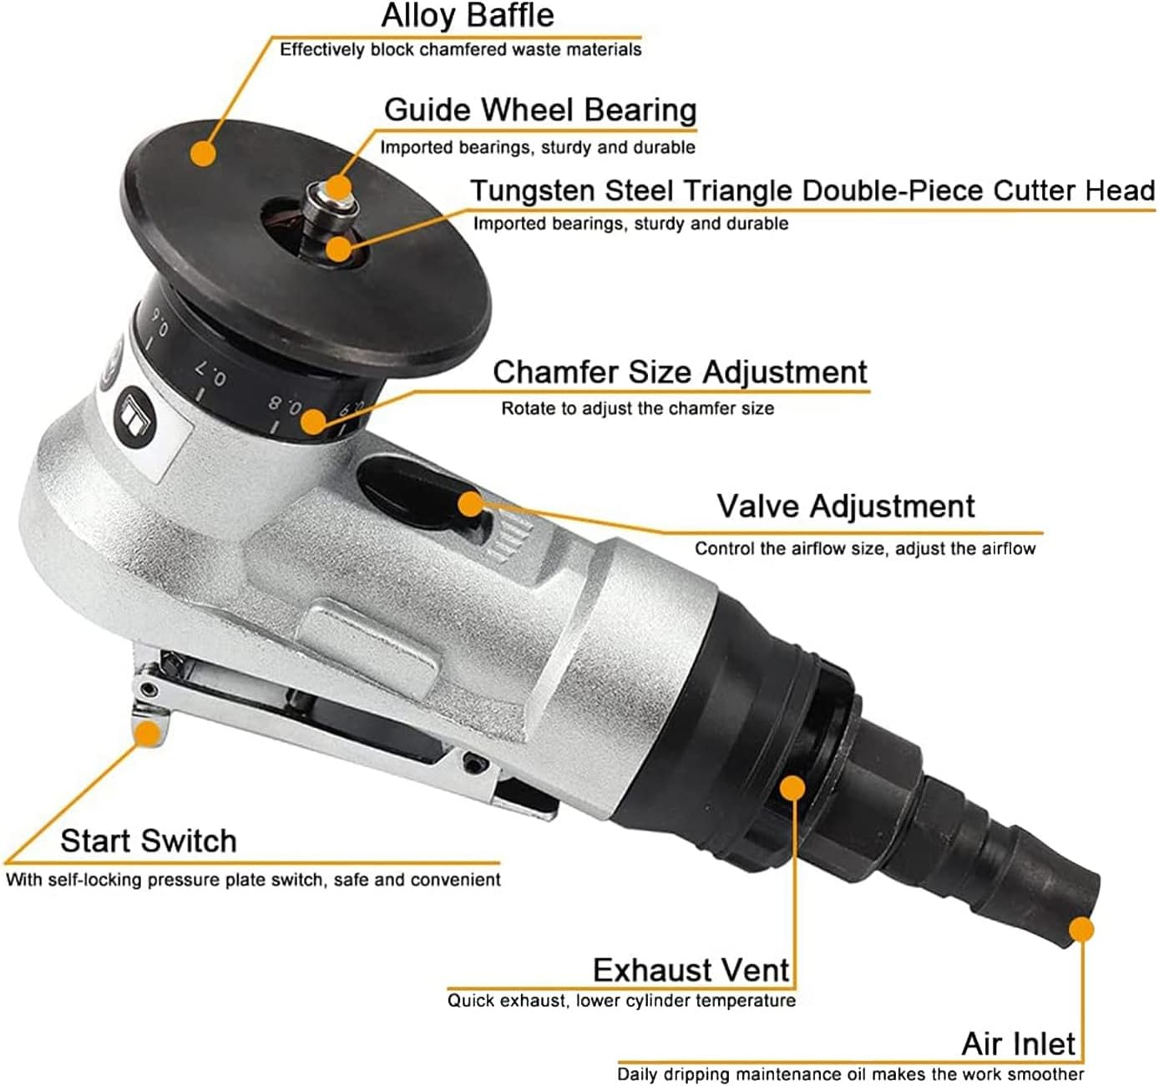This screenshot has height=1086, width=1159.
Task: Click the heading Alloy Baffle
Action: click(467, 16)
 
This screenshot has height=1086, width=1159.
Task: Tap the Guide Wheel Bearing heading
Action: click(539, 110)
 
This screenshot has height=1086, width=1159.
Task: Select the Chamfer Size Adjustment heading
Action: click(680, 371)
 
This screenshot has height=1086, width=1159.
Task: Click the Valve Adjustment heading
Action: click(845, 506)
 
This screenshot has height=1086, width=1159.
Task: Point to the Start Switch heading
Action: click(148, 841)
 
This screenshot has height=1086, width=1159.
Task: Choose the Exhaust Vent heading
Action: click(690, 970)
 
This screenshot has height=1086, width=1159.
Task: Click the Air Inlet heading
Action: click(1018, 1043)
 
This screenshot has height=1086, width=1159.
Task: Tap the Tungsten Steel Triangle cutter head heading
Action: click(812, 190)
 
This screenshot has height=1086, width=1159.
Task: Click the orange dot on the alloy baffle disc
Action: click(202, 154)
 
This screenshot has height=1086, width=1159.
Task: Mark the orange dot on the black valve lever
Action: click(471, 503)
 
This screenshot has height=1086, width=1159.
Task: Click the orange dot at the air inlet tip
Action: click(1081, 930)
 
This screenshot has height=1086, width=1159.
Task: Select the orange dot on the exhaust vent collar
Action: click(792, 787)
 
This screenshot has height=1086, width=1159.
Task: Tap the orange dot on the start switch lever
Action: click(148, 733)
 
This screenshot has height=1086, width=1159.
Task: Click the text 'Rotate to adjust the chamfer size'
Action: click(637, 409)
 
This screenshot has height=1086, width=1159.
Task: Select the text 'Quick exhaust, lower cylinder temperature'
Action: click(621, 1000)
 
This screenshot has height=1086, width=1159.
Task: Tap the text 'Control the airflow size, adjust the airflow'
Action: click(864, 549)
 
